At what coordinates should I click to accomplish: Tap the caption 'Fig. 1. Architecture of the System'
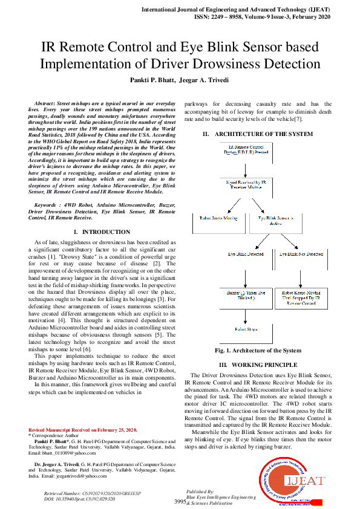coord(258,351)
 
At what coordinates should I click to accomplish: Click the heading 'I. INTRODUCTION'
coord(101,232)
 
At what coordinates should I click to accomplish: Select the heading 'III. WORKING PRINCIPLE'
coord(258,365)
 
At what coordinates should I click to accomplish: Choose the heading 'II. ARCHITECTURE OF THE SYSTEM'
coord(258,134)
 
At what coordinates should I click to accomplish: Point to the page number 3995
coord(180,502)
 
